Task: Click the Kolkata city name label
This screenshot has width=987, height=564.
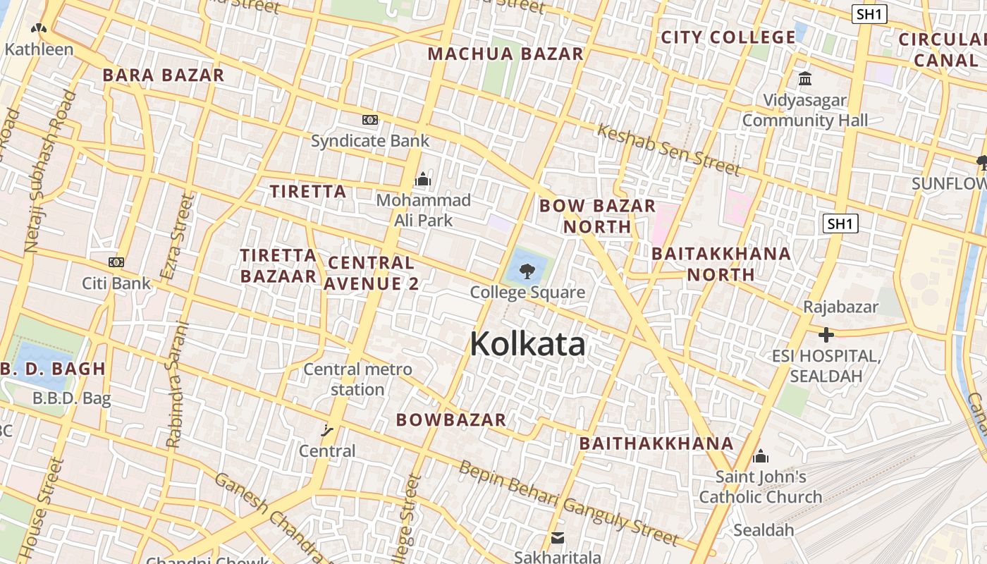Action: [527, 344]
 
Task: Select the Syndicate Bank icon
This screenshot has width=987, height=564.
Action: [370, 120]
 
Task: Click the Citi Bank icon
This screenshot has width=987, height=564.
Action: [116, 262]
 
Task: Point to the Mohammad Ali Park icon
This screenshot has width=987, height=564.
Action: [423, 180]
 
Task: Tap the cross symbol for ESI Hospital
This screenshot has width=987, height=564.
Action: [826, 335]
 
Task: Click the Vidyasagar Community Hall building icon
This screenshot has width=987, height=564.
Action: [805, 78]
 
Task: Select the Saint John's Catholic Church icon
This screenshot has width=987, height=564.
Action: [760, 457]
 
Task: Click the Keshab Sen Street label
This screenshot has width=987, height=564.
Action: [668, 149]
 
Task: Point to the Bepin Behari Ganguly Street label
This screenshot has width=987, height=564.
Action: [568, 503]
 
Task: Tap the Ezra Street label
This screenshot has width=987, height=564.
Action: [176, 237]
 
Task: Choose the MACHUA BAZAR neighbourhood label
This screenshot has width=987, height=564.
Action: [505, 54]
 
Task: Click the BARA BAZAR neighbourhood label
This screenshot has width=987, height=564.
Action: [164, 75]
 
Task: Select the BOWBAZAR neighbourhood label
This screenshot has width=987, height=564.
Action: [451, 419]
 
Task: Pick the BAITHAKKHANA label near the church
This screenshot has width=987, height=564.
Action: [656, 443]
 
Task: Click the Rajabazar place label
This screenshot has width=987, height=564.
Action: [841, 307]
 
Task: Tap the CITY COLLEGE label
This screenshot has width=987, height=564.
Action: [728, 37]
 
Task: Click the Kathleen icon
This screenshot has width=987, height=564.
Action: [39, 30]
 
